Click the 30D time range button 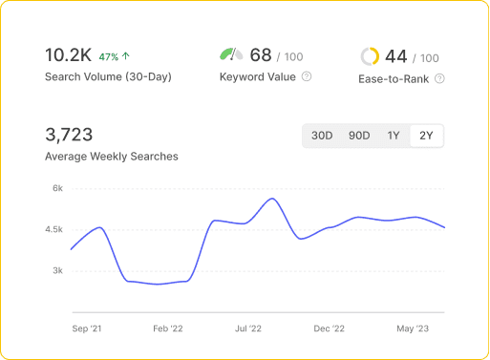(x=322, y=136)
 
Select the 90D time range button (x=359, y=136)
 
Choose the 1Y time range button (x=394, y=136)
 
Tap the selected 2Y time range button (x=426, y=136)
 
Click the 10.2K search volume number (x=68, y=54)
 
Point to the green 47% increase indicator (x=114, y=56)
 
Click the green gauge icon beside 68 (x=231, y=55)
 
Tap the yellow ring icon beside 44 (x=370, y=56)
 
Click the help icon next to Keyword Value (x=306, y=76)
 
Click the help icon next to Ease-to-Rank (x=439, y=78)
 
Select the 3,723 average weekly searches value (x=69, y=135)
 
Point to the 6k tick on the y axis (x=57, y=188)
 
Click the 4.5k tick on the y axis (x=53, y=229)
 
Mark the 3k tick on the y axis (x=57, y=270)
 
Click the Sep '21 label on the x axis (x=87, y=328)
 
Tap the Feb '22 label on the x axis (x=167, y=328)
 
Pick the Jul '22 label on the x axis (x=247, y=328)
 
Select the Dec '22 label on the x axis (x=329, y=328)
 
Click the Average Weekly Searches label (x=111, y=156)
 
